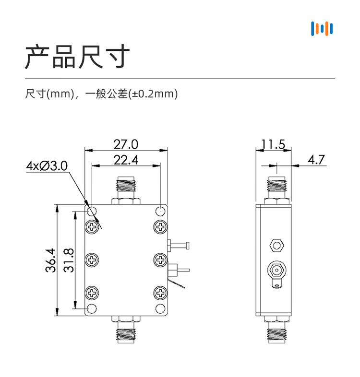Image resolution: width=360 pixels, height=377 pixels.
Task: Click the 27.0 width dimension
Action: [126, 144]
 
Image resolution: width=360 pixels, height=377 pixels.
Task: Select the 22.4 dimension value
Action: [126, 160]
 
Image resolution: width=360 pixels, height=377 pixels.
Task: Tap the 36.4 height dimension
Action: [50, 260]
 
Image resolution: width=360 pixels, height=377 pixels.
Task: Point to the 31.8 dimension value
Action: [69, 260]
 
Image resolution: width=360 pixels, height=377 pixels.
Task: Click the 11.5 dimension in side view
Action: [274, 144]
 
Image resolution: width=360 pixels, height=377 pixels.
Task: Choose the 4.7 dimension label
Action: [316, 160]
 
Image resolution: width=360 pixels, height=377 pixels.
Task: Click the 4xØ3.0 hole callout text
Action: [47, 166]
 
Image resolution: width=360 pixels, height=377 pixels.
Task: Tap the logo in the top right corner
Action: [322, 29]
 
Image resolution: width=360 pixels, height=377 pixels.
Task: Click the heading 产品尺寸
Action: [77, 57]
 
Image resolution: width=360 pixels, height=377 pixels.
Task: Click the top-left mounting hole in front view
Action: [92, 212]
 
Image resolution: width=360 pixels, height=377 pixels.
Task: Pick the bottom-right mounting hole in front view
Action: [160, 309]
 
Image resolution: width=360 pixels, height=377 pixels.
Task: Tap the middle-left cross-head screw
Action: [92, 259]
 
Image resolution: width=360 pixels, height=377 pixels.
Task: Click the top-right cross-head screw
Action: [160, 227]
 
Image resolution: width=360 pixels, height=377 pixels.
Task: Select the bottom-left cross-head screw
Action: [92, 293]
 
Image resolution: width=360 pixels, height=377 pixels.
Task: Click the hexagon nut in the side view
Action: [277, 246]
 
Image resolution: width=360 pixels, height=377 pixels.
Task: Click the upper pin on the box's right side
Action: [178, 246]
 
